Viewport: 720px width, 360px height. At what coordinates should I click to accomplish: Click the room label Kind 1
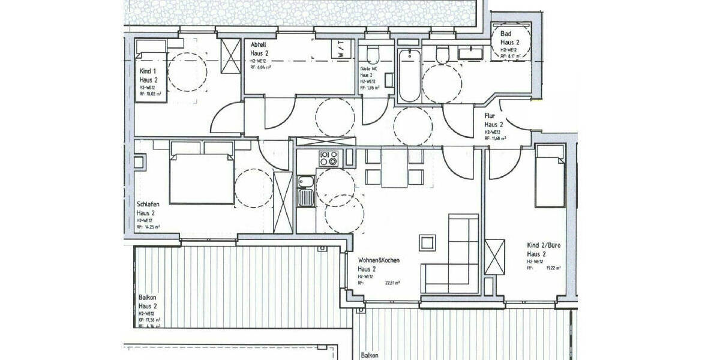(148, 71)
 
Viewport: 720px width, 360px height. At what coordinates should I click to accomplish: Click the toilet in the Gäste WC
(372, 55)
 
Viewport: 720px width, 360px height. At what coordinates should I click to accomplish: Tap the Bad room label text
(506, 34)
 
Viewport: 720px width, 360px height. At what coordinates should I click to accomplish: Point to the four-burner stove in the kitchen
(328, 158)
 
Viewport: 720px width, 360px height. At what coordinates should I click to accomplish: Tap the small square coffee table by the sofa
(428, 243)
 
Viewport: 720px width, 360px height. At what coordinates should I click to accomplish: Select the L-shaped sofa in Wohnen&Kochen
(456, 255)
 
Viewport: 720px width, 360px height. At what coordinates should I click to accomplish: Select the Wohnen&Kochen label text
(379, 260)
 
